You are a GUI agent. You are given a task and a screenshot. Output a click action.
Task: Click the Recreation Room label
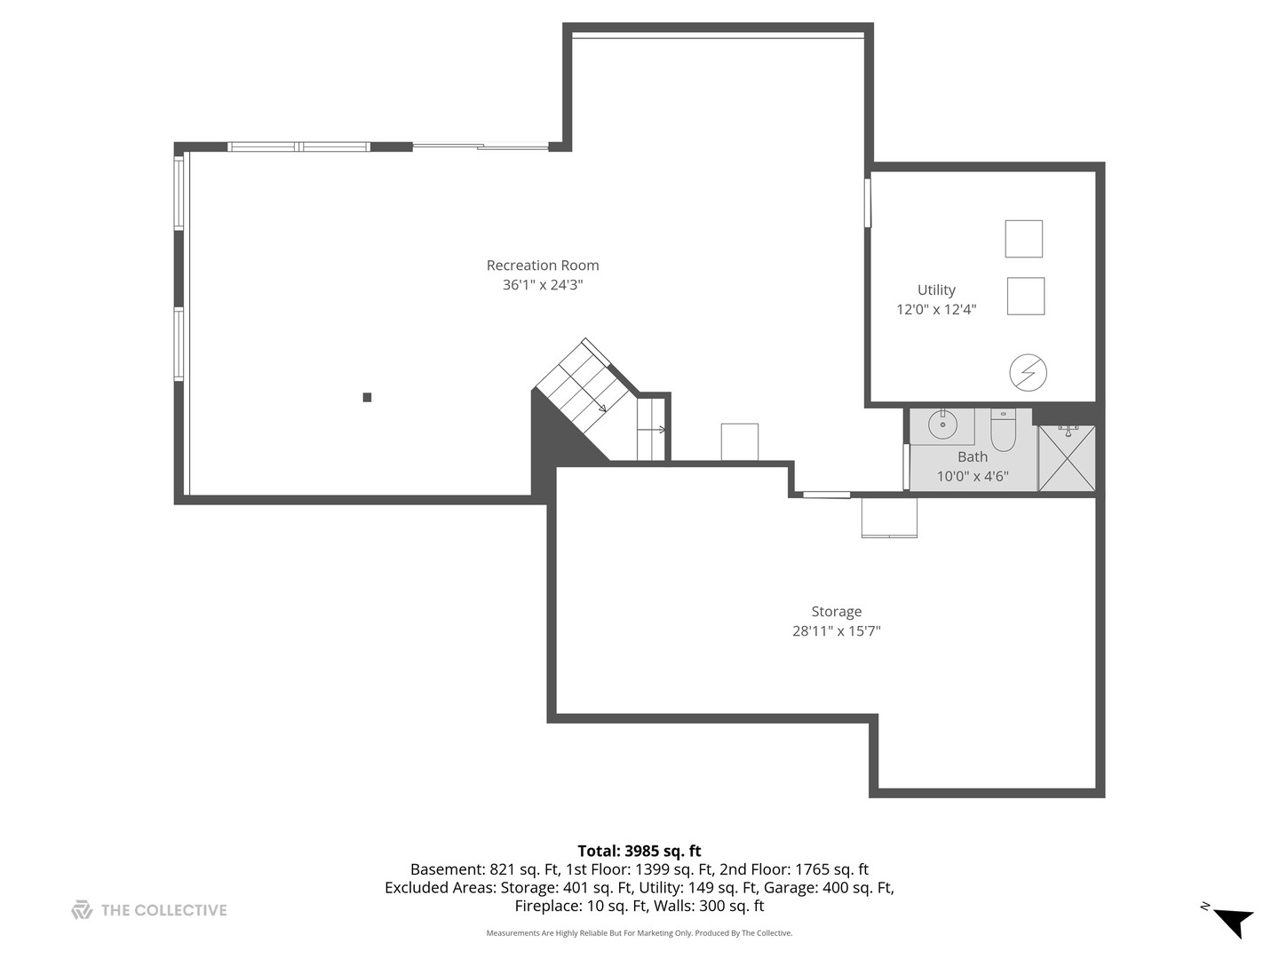pos(543,266)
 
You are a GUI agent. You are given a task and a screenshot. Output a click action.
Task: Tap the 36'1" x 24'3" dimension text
pos(543,285)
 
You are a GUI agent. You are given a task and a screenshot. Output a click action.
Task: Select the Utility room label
pos(936,290)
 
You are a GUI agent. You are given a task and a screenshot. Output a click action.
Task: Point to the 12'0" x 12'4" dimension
pos(936,310)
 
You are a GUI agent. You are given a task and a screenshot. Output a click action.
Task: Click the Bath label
pos(973,457)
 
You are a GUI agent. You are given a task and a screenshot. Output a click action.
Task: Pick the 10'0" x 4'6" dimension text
pos(973,477)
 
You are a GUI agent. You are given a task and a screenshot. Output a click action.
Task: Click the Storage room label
pos(836,612)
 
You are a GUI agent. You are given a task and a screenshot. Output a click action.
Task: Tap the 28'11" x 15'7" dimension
pos(836,631)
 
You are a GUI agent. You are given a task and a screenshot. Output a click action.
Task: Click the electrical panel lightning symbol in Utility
pos(1029,373)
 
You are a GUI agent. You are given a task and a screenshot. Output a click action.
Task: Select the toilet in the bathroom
pos(1003,431)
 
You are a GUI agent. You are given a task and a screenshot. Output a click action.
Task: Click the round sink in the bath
pos(942,426)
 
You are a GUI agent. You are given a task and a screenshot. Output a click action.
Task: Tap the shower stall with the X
pos(1067,458)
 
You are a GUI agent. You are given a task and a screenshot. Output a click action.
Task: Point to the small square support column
pos(367,398)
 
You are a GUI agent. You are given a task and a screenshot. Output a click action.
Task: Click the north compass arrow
pos(1233,921)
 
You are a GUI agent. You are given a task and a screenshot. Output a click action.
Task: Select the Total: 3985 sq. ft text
pos(639,851)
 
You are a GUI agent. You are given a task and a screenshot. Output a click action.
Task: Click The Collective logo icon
pos(82,910)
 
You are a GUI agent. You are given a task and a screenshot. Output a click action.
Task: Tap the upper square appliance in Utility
pos(1023,239)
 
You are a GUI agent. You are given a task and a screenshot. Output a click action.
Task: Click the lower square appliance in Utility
pos(1025,297)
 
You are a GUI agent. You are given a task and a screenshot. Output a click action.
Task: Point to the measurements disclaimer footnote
pos(639,933)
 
